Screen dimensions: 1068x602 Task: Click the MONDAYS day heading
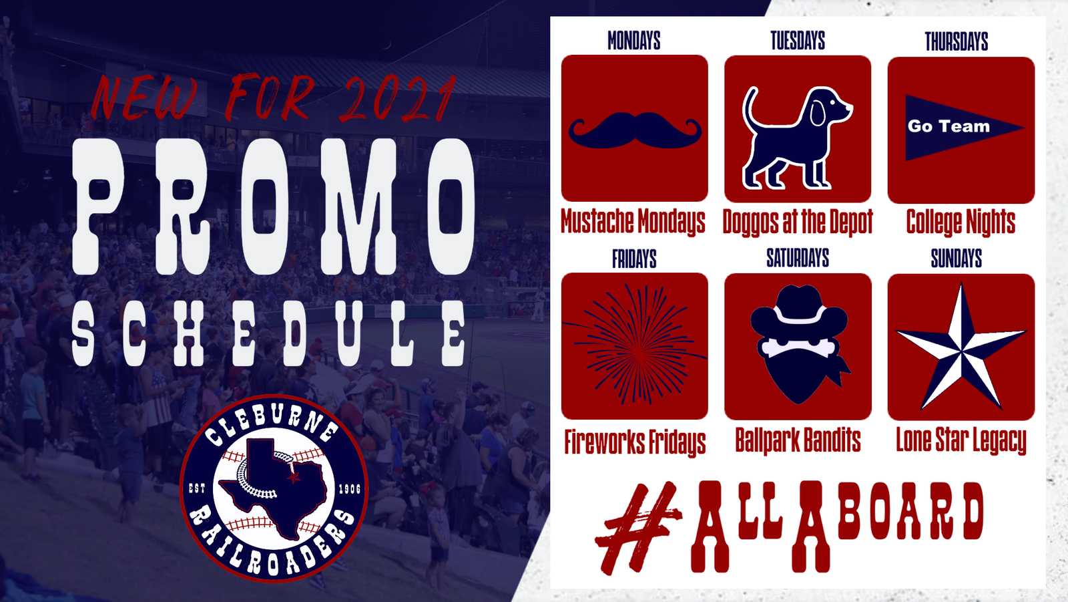click(633, 41)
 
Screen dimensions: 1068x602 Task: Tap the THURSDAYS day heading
click(957, 41)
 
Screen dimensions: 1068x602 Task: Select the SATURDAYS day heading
click(798, 258)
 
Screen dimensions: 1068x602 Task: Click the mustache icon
click(635, 130)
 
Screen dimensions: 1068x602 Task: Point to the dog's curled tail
click(752, 109)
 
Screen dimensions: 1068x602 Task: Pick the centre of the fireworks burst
click(636, 345)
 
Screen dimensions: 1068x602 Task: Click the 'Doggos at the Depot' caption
click(798, 222)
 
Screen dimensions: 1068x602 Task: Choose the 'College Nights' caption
click(961, 222)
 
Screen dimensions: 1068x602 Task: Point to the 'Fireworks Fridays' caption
click(635, 442)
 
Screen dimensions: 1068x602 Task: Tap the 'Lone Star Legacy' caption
click(961, 440)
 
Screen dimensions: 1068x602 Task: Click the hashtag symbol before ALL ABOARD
click(638, 528)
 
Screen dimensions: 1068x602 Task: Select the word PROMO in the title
click(273, 206)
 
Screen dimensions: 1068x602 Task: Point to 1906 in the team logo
click(350, 489)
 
